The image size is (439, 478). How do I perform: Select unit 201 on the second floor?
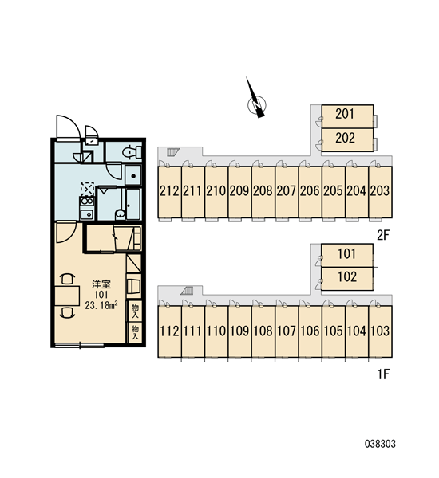point(347,116)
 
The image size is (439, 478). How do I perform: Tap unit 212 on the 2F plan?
point(169,192)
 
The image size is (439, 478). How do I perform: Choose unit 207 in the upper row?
point(287,192)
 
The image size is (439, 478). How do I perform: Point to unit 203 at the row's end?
point(381,192)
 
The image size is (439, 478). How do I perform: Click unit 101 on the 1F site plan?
point(347,255)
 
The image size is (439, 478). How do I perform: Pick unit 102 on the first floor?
point(347,279)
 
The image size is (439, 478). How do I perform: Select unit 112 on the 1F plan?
point(169,331)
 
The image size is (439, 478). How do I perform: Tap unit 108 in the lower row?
point(263,331)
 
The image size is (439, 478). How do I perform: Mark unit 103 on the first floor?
point(381,331)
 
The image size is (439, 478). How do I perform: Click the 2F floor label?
point(383,235)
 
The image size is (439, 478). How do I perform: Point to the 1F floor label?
point(383,374)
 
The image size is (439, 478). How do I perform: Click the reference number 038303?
point(380,444)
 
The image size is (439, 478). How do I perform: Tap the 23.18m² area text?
point(101,305)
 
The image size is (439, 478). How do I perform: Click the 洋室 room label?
point(101,284)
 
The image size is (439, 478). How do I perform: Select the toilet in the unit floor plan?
point(132,151)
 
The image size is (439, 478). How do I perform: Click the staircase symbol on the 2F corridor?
point(173,151)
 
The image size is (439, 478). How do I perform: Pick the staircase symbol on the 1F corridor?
point(187,291)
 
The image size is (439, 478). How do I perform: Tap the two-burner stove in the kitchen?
point(87,202)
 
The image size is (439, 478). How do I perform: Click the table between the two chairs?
point(67,296)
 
